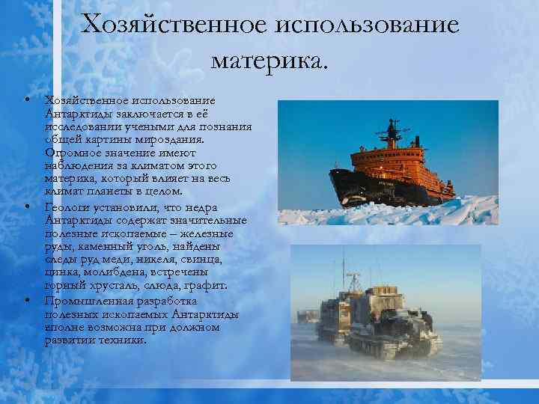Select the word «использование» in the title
point(368,25)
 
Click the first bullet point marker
point(25,100)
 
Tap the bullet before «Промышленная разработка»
point(25,300)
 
